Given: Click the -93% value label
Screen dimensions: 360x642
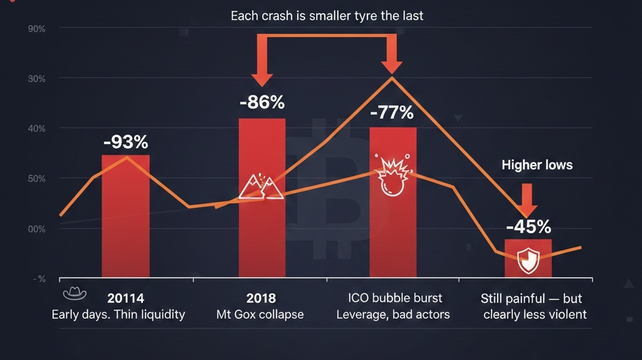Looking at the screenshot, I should (x=125, y=142).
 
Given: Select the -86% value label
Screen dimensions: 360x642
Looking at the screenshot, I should (x=262, y=102).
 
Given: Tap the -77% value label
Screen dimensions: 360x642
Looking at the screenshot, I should (x=392, y=113).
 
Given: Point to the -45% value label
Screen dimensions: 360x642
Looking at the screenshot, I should (x=528, y=226).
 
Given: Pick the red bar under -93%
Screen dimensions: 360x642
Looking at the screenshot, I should (x=125, y=216).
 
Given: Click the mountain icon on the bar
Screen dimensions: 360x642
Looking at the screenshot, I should (x=261, y=186).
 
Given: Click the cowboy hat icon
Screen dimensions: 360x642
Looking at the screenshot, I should (x=75, y=293).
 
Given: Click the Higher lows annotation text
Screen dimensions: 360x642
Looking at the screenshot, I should (x=537, y=165).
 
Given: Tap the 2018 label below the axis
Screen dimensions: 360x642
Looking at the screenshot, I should (x=261, y=299).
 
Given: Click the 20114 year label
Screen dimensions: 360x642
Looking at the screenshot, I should (x=125, y=299).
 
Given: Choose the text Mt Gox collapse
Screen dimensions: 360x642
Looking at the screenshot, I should (x=260, y=314).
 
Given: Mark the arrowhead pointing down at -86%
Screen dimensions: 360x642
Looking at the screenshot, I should (x=262, y=78).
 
